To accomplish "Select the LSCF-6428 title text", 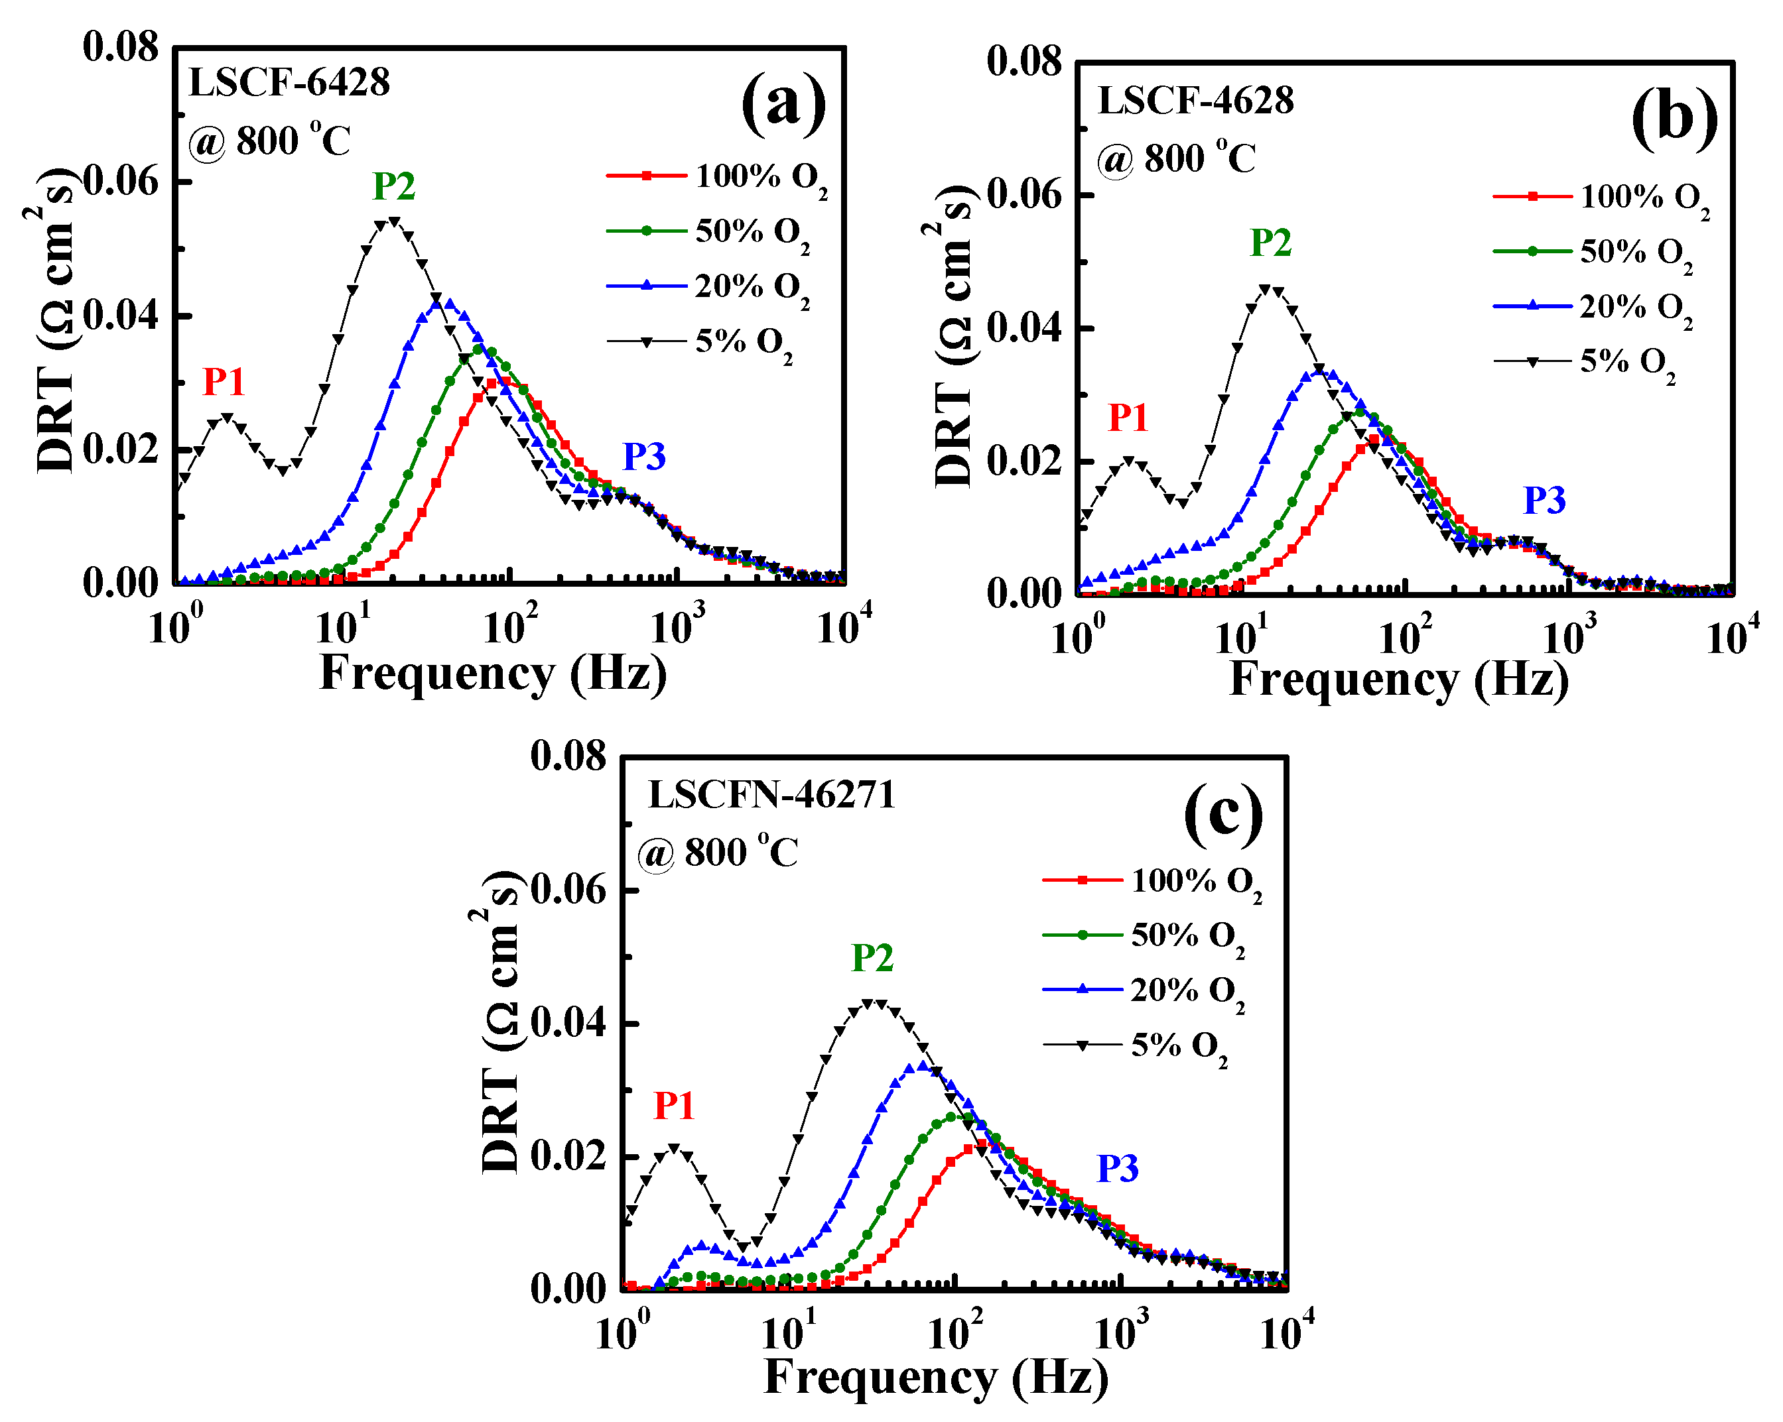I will pos(289,83).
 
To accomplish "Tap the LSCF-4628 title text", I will pos(1195,101).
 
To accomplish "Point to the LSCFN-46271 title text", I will pos(771,796).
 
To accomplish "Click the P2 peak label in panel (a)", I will pos(393,187).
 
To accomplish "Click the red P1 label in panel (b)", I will pos(1127,418).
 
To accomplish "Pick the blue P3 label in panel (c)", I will pos(1117,1169).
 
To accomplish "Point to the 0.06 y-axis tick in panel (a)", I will pos(121,181).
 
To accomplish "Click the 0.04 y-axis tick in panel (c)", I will pos(568,1024).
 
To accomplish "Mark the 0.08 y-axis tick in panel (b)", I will pos(1024,62).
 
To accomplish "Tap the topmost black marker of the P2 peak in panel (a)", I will pos(393,221).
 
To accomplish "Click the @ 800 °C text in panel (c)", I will pos(717,853).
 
